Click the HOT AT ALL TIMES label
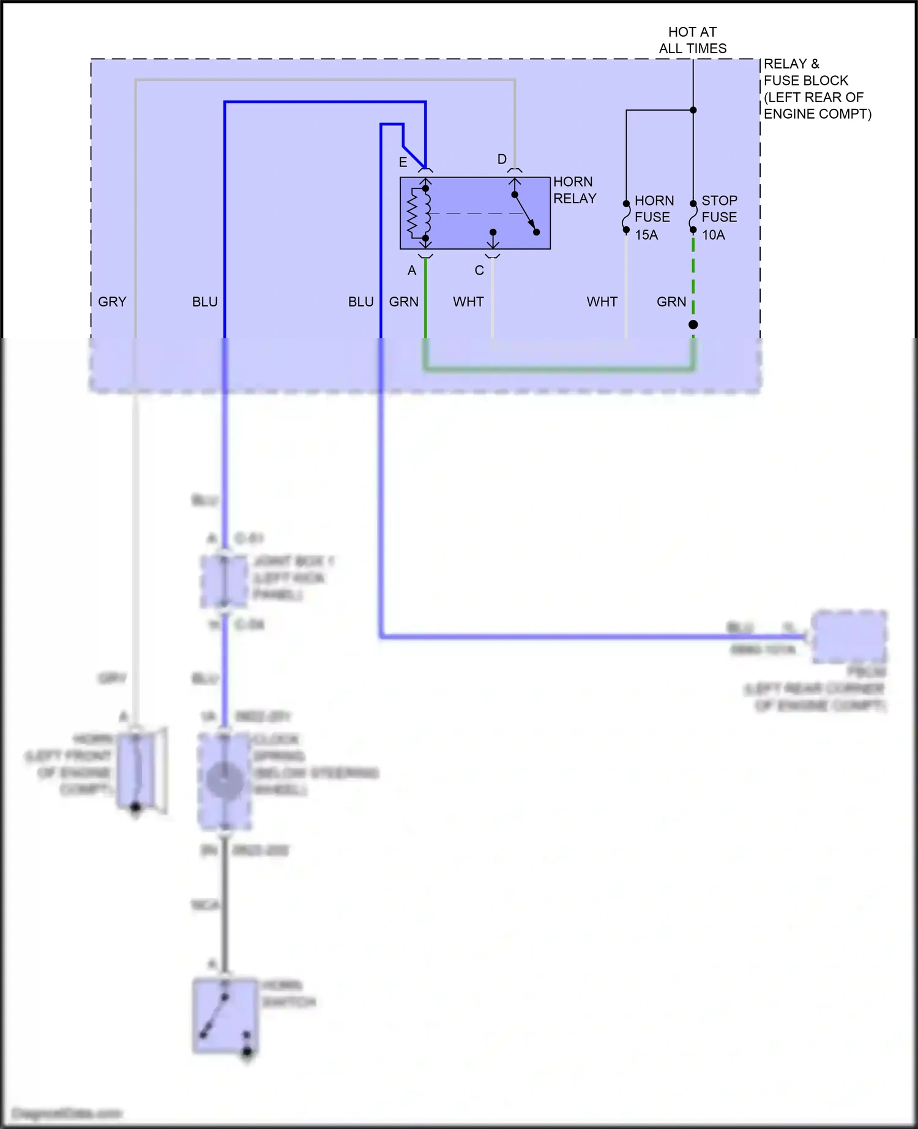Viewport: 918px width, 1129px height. [x=692, y=40]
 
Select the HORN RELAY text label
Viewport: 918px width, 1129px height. [x=574, y=190]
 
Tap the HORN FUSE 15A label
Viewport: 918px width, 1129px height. [x=653, y=217]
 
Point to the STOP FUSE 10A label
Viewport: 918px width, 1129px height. [x=719, y=217]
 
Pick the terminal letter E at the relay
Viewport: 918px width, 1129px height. [x=403, y=162]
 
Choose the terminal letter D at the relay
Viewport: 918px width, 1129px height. [x=502, y=159]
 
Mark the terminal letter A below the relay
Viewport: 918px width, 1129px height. [x=412, y=270]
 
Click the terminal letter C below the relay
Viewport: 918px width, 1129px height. [x=479, y=270]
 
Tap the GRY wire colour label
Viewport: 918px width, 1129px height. [x=112, y=302]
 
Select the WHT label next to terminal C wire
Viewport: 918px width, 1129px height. [x=468, y=302]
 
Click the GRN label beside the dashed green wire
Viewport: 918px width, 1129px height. [x=671, y=302]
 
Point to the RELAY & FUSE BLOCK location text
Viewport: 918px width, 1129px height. [x=816, y=89]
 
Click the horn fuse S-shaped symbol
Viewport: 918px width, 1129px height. [x=626, y=217]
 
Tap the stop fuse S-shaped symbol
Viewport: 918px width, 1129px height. [x=693, y=217]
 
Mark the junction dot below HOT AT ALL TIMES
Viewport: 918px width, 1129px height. [x=693, y=110]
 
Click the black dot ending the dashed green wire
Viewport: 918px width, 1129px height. [x=693, y=325]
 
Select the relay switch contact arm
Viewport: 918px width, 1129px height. [x=525, y=213]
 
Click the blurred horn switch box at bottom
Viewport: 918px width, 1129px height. [x=225, y=1015]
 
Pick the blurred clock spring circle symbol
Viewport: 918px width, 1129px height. [x=224, y=780]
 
